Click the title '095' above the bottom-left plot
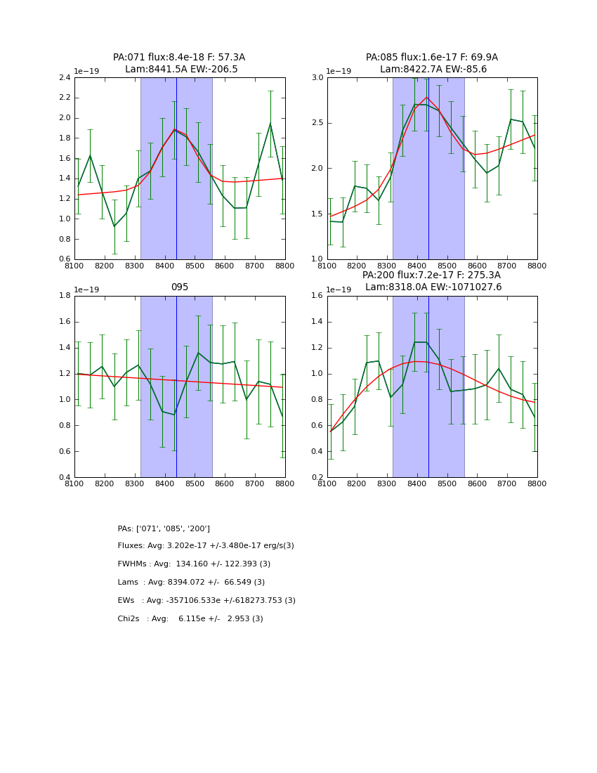(x=180, y=287)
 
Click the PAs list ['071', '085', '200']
(x=173, y=528)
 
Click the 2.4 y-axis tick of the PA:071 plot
(x=64, y=78)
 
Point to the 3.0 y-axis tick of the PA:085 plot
(x=317, y=78)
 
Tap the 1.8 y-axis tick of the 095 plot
(x=64, y=296)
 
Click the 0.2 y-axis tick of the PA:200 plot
(x=317, y=478)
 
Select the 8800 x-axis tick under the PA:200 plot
(x=537, y=484)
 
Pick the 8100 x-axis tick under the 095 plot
(x=74, y=484)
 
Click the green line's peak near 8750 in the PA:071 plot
(x=270, y=123)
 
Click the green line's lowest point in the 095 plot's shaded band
(x=174, y=415)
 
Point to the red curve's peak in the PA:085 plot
(x=426, y=97)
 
